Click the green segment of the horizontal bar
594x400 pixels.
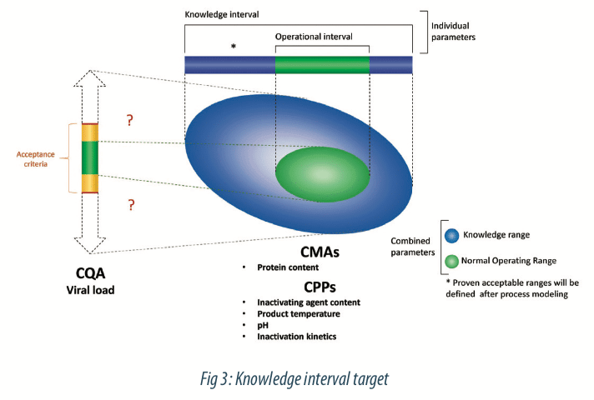pos(322,65)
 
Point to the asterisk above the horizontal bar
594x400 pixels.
pos(234,47)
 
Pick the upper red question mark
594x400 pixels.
pos(129,121)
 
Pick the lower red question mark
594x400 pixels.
pos(129,205)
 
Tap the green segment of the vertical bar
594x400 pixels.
pos(89,158)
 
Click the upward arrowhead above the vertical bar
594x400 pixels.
pos(89,79)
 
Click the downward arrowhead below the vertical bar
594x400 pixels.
pos(89,242)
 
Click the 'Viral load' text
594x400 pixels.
pos(90,290)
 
